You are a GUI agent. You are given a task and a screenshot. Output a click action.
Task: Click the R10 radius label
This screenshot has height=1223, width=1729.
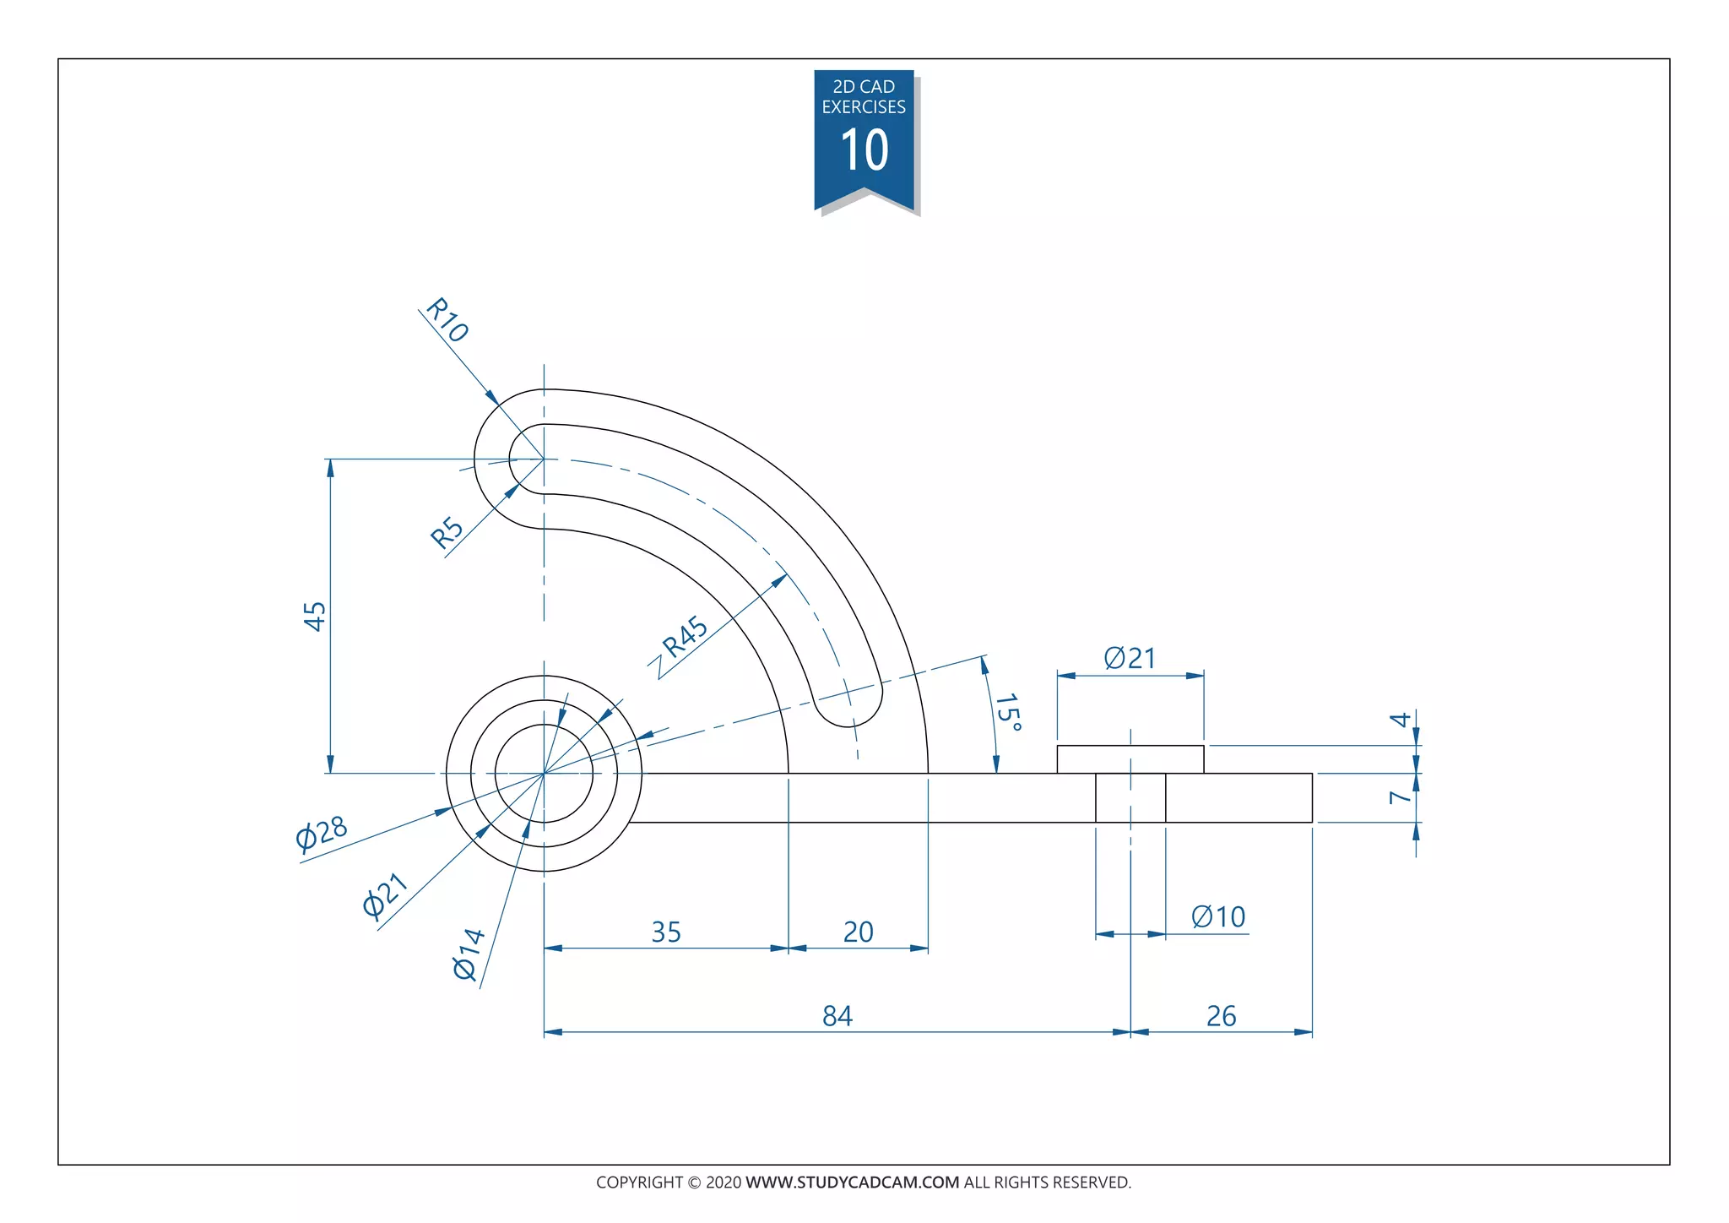click(x=447, y=319)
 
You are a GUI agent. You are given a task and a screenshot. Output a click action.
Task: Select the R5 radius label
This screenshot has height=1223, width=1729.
click(x=447, y=532)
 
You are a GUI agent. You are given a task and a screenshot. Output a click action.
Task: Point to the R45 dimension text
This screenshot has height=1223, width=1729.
click(x=685, y=637)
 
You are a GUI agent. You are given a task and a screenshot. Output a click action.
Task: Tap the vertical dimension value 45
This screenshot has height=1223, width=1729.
click(x=315, y=616)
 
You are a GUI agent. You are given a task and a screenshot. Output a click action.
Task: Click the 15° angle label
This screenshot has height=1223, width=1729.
click(x=1008, y=713)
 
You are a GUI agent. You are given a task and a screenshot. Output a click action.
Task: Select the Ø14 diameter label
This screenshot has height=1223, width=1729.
click(x=469, y=954)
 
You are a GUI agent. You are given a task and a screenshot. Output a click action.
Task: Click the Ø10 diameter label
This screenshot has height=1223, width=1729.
click(x=1218, y=916)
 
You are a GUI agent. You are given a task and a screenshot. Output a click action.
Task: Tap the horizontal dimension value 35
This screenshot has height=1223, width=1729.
click(x=666, y=932)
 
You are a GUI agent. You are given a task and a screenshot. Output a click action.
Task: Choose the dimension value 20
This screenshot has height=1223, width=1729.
click(x=858, y=932)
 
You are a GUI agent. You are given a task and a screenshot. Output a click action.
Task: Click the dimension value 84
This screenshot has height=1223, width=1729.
click(x=837, y=1015)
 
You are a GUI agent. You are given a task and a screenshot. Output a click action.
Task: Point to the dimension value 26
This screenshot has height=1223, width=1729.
click(x=1221, y=1015)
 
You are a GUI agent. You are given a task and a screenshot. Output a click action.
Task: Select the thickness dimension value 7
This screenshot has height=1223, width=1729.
click(x=1401, y=796)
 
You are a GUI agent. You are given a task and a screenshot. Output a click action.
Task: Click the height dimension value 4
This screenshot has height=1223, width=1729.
click(x=1401, y=720)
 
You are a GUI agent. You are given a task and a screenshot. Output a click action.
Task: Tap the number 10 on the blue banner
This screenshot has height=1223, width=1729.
click(x=864, y=151)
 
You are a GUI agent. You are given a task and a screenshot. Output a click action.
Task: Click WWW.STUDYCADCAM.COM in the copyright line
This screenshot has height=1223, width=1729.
click(x=852, y=1182)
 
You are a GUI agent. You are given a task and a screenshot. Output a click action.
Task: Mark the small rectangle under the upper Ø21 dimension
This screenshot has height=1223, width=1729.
click(x=1130, y=759)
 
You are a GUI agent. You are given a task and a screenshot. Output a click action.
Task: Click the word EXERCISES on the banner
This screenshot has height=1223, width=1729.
click(x=864, y=107)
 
